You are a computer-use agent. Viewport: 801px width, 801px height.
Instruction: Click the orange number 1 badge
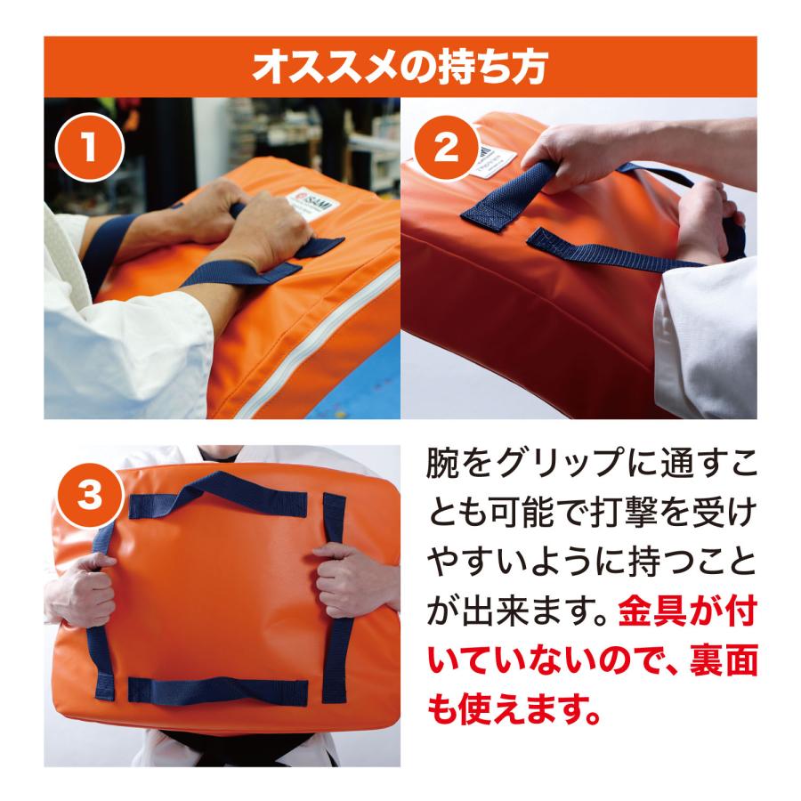[x=88, y=149]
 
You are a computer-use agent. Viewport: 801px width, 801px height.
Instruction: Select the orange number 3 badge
[x=88, y=496]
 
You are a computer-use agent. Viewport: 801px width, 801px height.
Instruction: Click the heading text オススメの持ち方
[x=400, y=67]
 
